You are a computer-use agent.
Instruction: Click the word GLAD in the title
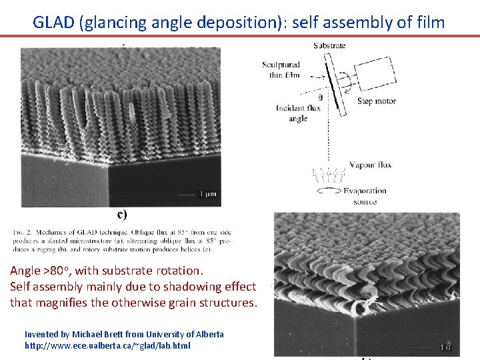point(53,22)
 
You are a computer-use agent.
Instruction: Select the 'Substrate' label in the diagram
point(329,45)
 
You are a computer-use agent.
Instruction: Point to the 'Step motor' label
point(376,101)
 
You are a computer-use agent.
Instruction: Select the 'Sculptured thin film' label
point(281,70)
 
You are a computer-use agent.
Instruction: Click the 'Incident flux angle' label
point(289,113)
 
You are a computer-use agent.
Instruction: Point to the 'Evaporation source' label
point(365,196)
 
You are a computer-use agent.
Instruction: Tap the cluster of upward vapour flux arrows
point(327,175)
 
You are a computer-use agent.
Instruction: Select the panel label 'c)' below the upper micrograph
point(123,214)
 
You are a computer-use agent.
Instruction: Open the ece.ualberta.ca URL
point(107,346)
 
